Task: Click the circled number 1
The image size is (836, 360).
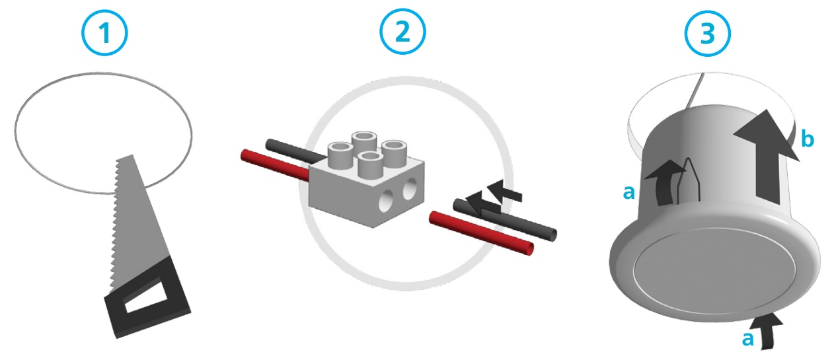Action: [104, 32]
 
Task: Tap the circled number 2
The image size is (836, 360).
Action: [402, 32]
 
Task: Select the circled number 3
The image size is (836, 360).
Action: [707, 33]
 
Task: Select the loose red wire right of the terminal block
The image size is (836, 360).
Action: [482, 233]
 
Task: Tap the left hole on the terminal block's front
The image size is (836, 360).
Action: [386, 201]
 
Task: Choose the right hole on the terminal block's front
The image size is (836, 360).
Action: [410, 189]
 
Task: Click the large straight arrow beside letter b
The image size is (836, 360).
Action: [768, 157]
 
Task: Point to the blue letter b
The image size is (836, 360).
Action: [808, 139]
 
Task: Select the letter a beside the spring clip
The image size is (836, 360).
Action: [629, 192]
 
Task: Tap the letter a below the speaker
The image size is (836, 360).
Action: [747, 339]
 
